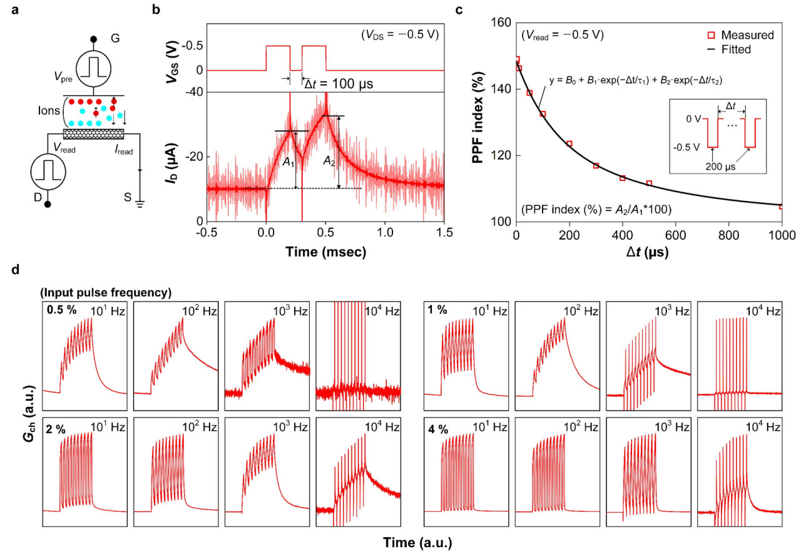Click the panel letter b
coord(156,9)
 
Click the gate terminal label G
coord(115,38)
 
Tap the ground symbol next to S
coord(140,204)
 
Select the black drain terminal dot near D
coord(47,204)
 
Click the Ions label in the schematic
coord(49,111)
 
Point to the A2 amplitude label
coord(329,162)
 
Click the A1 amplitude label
coord(288,162)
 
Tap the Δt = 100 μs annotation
coord(339,84)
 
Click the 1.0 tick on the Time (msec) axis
coord(385,232)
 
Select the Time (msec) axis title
coord(326,252)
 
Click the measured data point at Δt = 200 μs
coord(569,144)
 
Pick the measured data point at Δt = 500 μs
coord(649,183)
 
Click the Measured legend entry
coord(740,34)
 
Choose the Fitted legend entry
coord(729,49)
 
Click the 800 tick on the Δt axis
coord(729,235)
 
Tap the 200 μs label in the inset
coord(720,167)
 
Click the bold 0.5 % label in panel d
coord(61,310)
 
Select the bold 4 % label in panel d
coord(438,429)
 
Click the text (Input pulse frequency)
coord(106,292)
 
